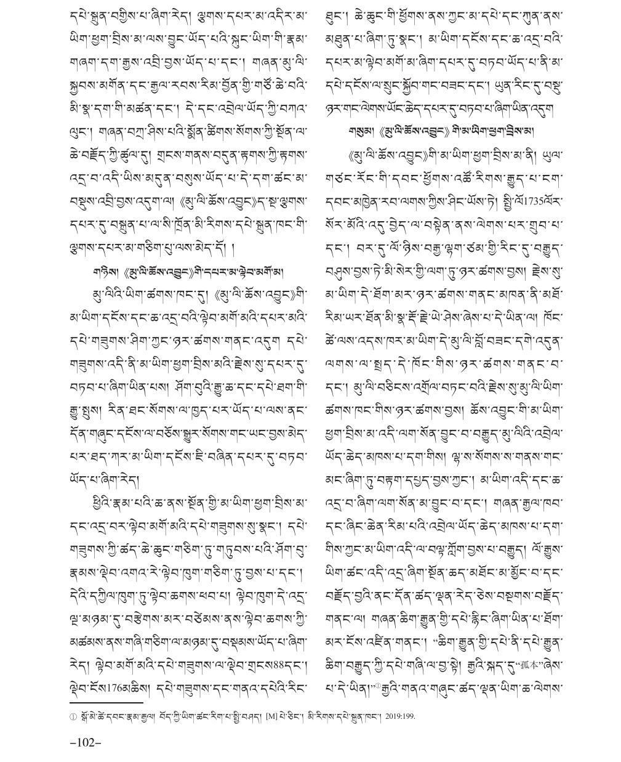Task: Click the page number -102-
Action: pos(85,742)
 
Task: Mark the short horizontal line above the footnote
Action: pos(105,702)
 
